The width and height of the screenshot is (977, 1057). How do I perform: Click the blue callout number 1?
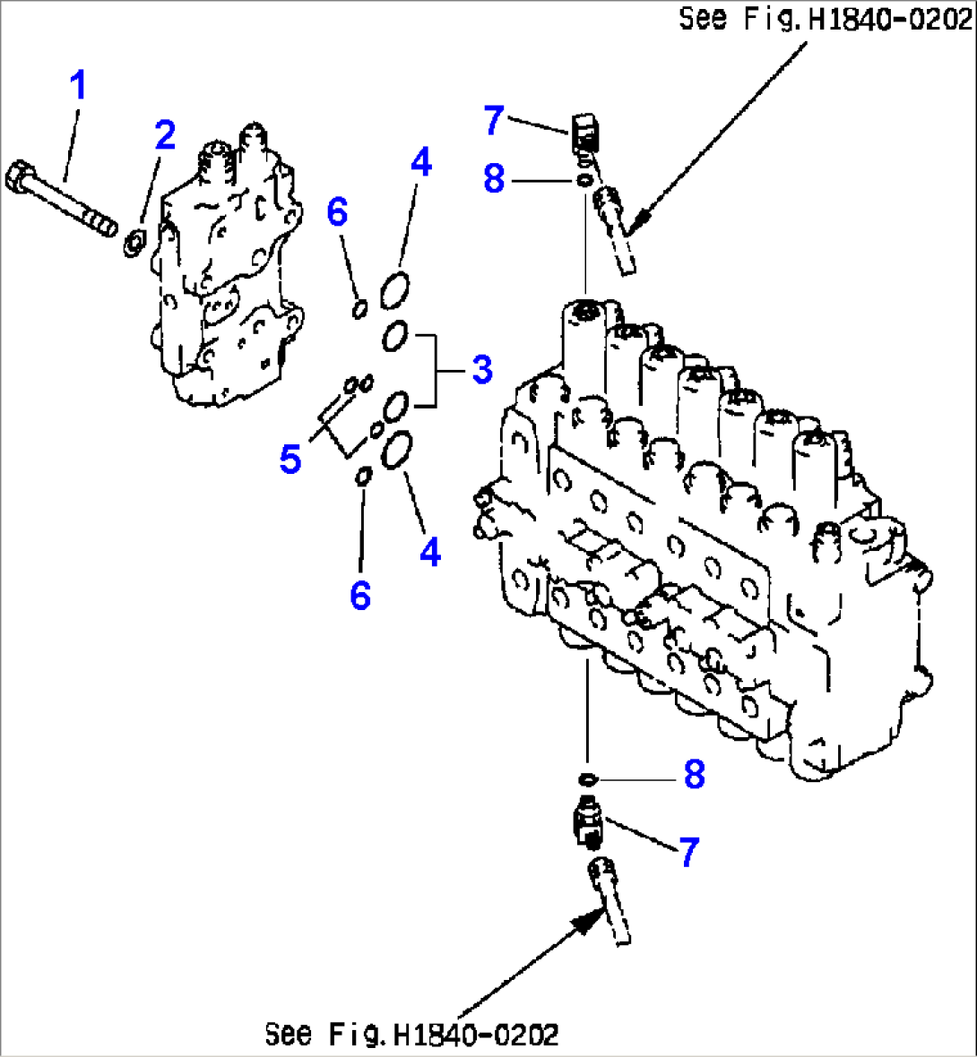79,86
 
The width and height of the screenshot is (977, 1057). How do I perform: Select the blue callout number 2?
165,135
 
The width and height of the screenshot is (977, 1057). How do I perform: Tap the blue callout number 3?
482,368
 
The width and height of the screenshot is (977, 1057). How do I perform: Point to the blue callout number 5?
290,459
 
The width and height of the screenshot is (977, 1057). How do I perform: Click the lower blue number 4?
430,552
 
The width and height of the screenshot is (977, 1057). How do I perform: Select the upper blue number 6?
336,212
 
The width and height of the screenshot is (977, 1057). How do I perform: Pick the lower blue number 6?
359,594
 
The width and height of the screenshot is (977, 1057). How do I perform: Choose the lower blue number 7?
687,852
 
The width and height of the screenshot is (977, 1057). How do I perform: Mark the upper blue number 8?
494,178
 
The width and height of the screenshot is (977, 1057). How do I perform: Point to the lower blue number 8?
695,775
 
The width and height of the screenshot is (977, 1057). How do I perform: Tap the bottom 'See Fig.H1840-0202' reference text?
411,1035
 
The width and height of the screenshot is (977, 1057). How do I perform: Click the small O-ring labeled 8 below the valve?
587,776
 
